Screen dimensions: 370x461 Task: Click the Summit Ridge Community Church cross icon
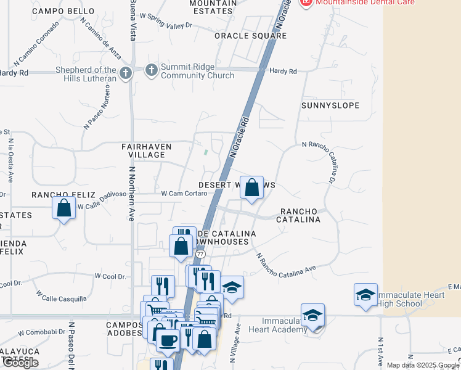click(152, 70)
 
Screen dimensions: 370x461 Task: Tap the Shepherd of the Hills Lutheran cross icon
click(125, 74)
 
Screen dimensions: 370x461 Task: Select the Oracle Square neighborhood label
click(250, 36)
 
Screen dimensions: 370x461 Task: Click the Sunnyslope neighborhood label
click(330, 105)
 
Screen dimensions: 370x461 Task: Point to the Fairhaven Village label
click(143, 150)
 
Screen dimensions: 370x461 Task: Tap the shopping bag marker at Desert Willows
click(251, 187)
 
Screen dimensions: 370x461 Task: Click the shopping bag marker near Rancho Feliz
click(64, 208)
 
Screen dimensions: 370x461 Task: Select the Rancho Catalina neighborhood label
click(298, 215)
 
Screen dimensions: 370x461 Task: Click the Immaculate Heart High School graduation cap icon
click(365, 294)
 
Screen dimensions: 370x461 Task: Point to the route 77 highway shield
click(200, 253)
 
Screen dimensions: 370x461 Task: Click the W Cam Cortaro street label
click(183, 194)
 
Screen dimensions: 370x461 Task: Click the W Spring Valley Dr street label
click(166, 21)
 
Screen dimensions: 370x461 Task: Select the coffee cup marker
click(168, 340)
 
